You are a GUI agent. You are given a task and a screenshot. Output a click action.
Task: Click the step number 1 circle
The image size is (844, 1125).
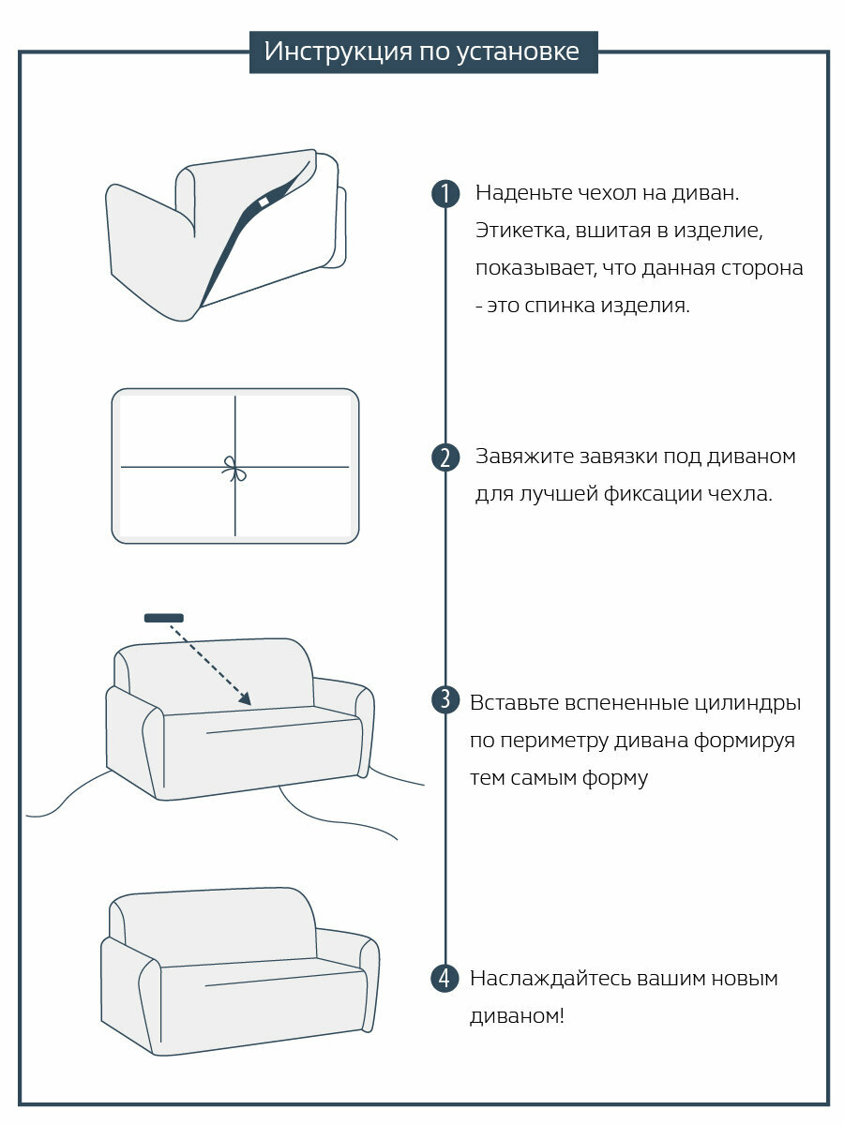pos(445,194)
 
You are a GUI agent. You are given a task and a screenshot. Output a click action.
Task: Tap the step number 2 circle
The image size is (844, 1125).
pos(445,458)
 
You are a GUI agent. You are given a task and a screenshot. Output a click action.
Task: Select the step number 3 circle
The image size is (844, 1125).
pos(445,700)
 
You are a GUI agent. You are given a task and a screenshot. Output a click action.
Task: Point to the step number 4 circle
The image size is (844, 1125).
pos(445,979)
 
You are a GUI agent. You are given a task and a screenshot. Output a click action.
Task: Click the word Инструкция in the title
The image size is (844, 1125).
pos(324,52)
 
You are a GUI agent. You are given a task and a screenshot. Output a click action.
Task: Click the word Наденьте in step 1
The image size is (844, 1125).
pos(519,193)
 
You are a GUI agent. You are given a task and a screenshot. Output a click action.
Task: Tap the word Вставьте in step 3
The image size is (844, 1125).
pos(513,702)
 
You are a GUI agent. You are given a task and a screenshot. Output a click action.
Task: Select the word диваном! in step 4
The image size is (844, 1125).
pos(518,1016)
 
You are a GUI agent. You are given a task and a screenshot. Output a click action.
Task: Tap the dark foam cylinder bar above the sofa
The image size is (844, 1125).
pos(164,618)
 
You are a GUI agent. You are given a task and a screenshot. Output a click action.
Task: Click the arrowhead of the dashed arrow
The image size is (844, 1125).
pos(245,698)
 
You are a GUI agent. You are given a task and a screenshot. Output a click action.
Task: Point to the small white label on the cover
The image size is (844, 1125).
pos(264,202)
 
